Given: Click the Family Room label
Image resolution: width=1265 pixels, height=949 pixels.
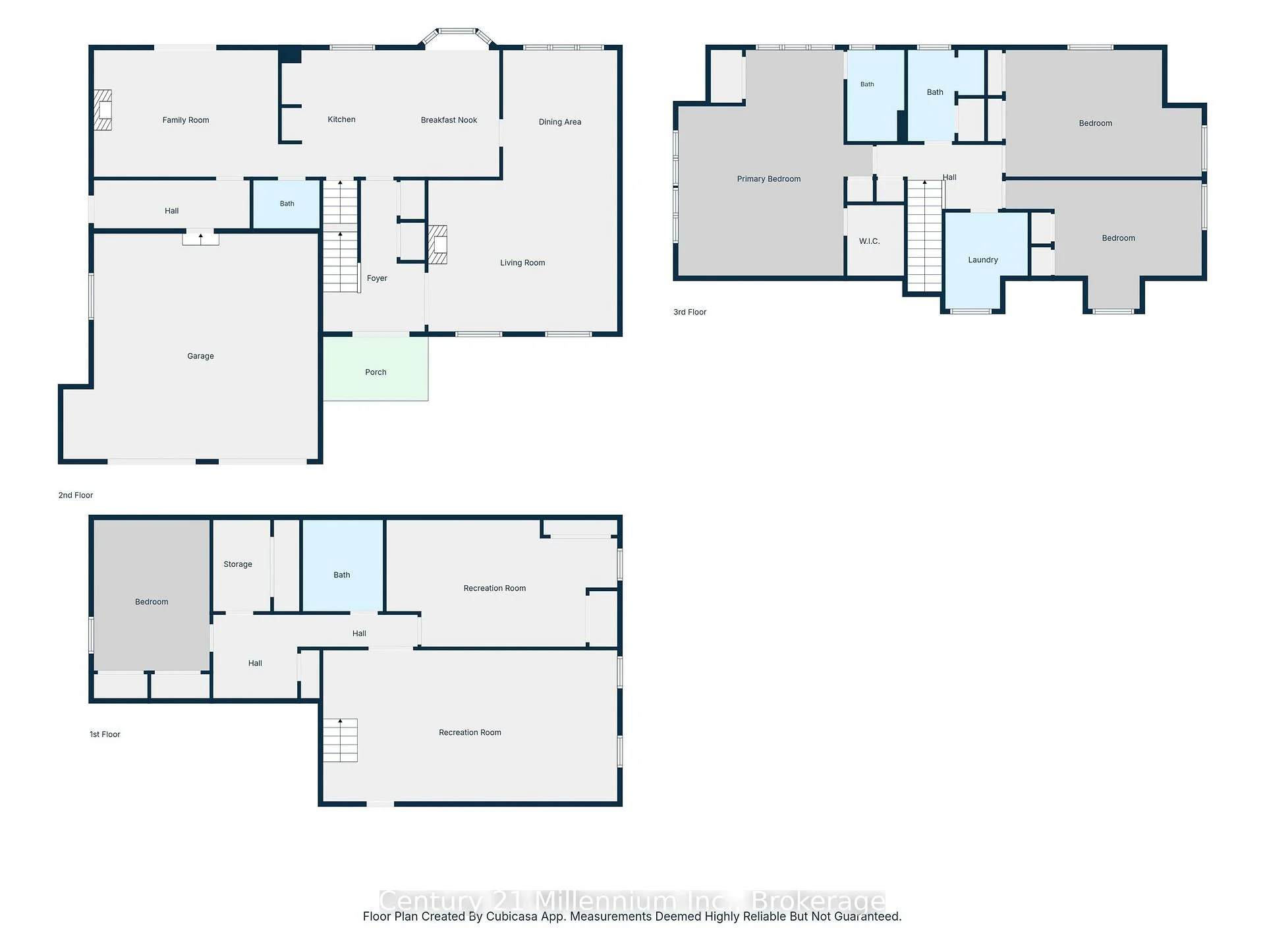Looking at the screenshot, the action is [x=186, y=120].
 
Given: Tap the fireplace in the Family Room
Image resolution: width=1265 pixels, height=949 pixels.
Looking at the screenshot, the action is [x=102, y=110].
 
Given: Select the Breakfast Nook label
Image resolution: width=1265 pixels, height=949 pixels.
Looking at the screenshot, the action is [x=449, y=120].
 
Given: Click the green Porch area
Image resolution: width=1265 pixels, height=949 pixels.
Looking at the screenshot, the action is [x=376, y=368].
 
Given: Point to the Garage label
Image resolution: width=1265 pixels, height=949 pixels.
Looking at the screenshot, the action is [x=200, y=356].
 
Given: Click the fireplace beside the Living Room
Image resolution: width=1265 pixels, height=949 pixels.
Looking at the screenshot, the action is [x=437, y=244].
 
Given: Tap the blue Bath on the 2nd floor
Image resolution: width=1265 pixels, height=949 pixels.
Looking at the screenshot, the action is [x=287, y=204].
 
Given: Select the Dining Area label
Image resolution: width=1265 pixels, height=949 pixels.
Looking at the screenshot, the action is [x=560, y=122].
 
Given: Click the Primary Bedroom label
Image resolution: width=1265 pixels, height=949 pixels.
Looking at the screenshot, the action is [x=769, y=179].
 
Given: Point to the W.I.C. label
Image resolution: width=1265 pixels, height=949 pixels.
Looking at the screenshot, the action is [x=869, y=241].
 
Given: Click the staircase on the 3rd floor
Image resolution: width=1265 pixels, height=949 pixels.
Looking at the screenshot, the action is [x=925, y=235].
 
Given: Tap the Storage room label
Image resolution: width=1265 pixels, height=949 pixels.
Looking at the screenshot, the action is [x=238, y=564].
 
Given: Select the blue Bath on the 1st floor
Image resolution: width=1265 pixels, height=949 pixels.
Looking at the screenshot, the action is [x=343, y=565].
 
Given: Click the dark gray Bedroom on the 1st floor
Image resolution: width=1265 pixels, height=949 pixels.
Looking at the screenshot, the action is [x=152, y=595].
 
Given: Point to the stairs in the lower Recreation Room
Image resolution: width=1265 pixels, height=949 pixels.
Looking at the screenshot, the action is [x=340, y=740].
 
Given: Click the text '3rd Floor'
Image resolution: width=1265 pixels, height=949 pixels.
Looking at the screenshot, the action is [x=690, y=312].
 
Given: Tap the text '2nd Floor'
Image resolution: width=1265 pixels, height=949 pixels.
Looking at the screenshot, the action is [x=76, y=496].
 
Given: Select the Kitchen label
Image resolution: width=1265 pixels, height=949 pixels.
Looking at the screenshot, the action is [x=341, y=119].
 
